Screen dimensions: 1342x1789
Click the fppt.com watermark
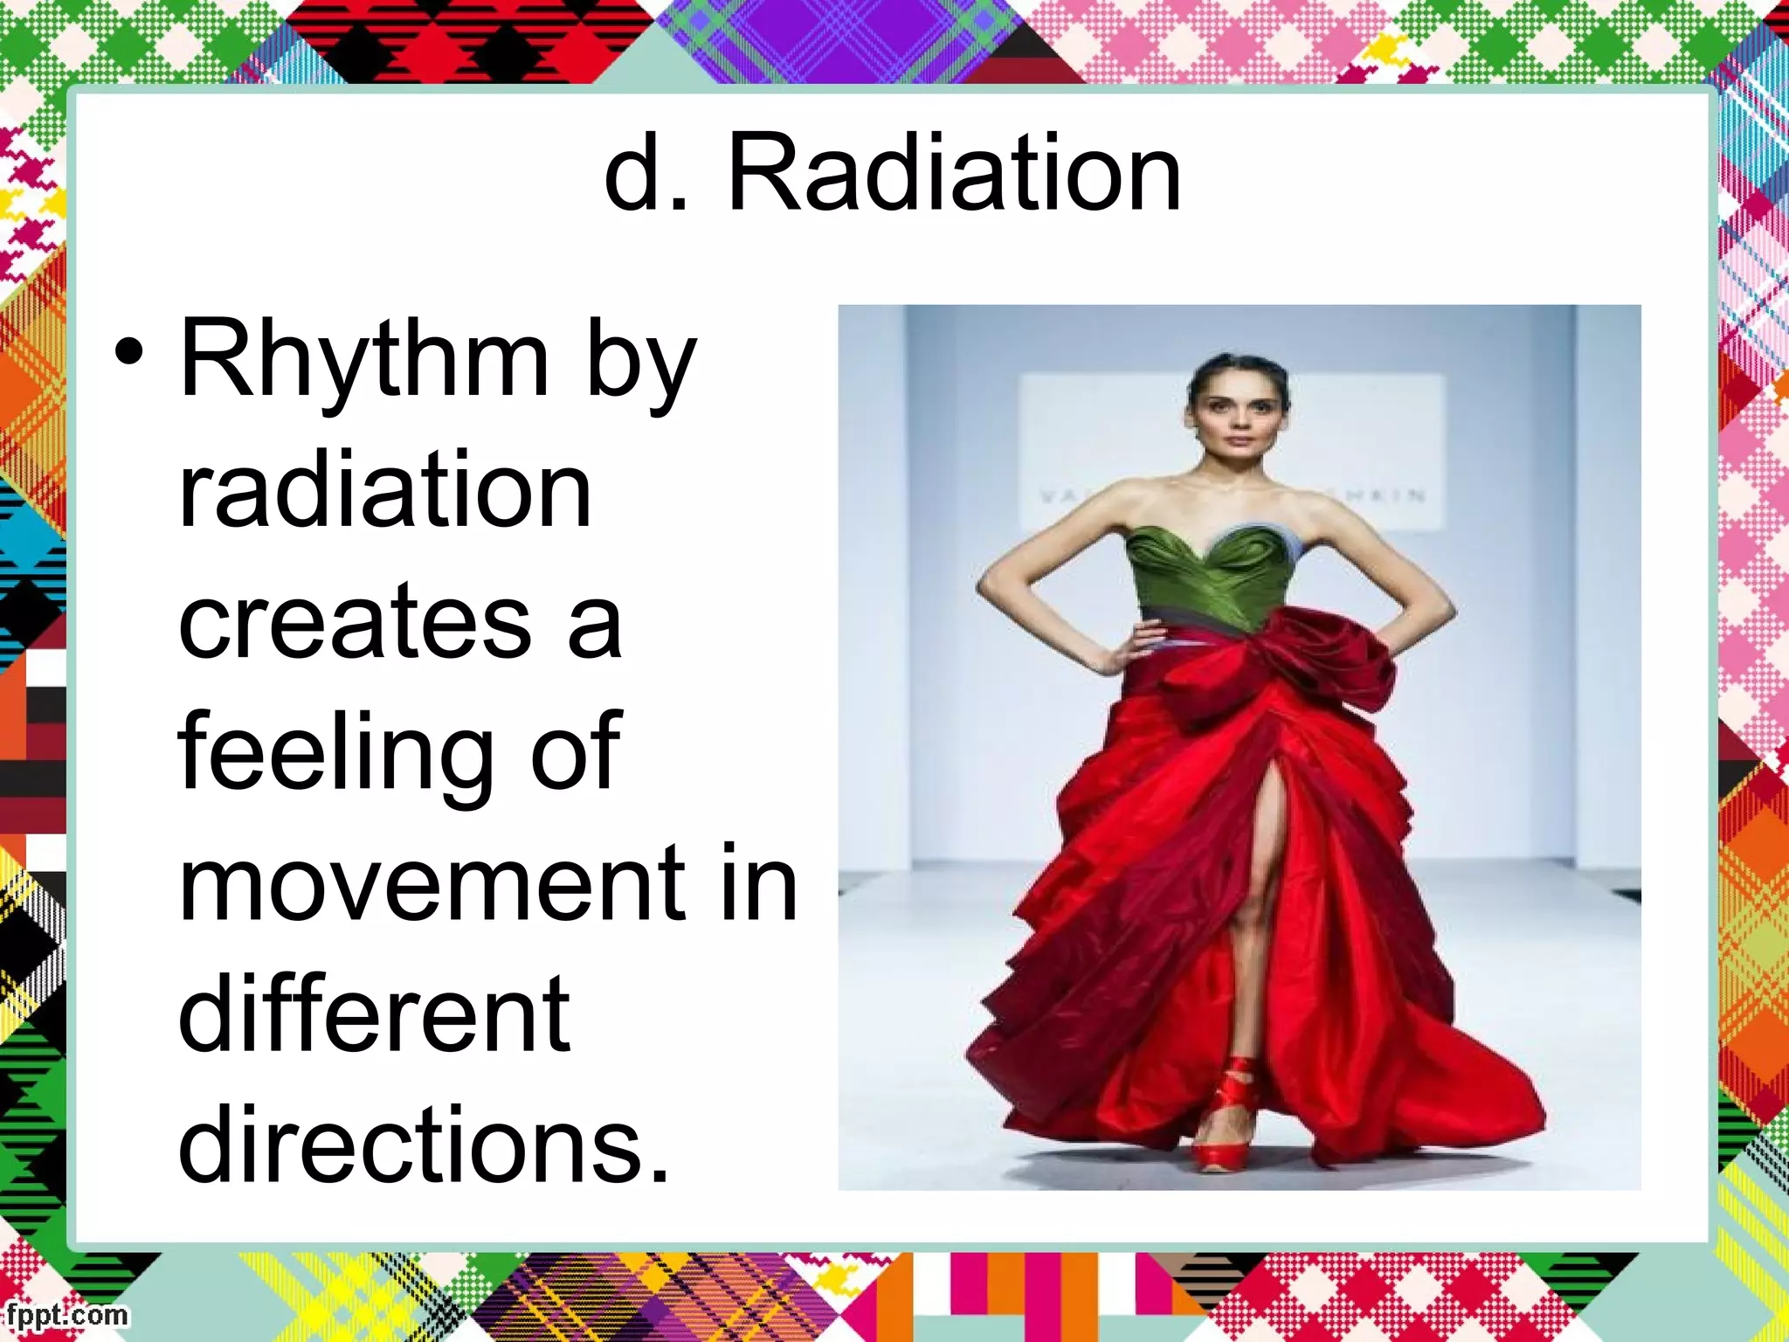pos(66,1314)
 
